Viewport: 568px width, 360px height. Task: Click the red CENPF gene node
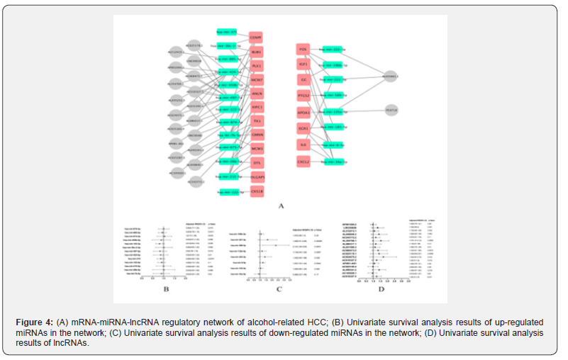click(x=256, y=37)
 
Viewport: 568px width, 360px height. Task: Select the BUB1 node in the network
click(x=256, y=52)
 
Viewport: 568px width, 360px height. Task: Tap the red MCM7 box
click(x=256, y=80)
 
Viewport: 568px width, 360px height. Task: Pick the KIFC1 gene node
click(x=256, y=107)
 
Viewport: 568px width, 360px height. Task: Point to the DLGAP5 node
click(x=256, y=176)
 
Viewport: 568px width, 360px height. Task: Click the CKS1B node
click(x=256, y=191)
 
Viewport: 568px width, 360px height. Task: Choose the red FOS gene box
click(x=303, y=50)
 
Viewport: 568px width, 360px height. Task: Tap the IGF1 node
click(x=303, y=65)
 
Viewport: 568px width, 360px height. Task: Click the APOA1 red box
click(x=303, y=113)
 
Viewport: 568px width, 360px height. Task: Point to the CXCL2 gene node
click(x=303, y=162)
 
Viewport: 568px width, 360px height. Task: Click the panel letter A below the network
click(x=281, y=206)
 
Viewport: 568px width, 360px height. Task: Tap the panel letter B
click(x=165, y=288)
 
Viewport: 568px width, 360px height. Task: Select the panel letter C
click(x=279, y=288)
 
